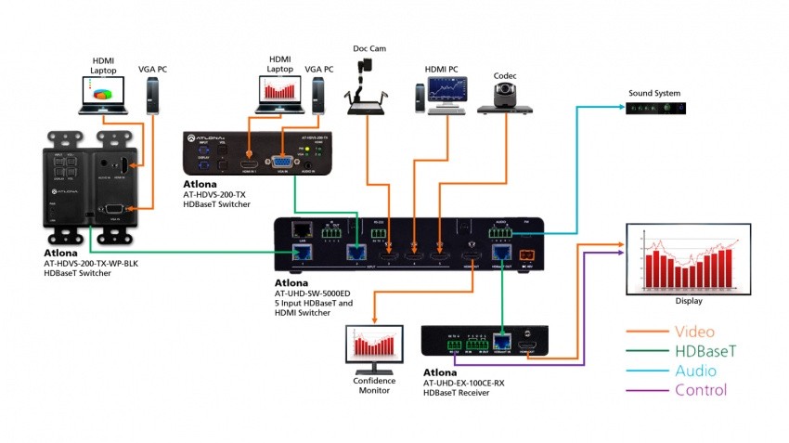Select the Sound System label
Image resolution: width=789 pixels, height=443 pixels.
(x=654, y=93)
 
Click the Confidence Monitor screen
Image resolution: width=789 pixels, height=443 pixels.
(x=376, y=347)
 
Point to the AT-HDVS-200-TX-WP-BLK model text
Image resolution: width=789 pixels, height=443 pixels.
(x=93, y=263)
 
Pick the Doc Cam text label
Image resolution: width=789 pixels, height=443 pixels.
(x=369, y=48)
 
